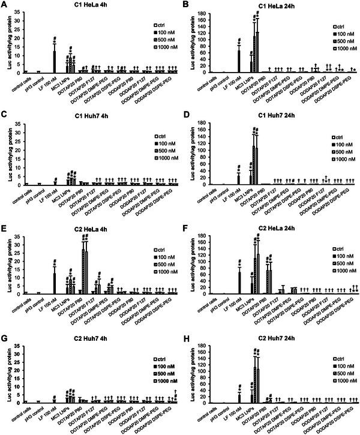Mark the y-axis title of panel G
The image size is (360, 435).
(8, 373)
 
